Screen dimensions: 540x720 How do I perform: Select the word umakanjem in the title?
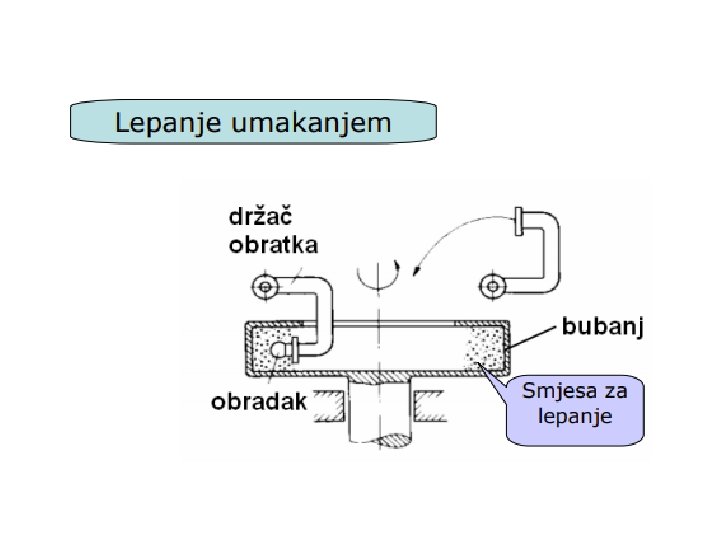pos(308,124)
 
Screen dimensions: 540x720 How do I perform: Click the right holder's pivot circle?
pos(493,288)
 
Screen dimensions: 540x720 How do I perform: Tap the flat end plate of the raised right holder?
pos(517,220)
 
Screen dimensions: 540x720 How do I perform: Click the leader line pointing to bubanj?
pos(533,336)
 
